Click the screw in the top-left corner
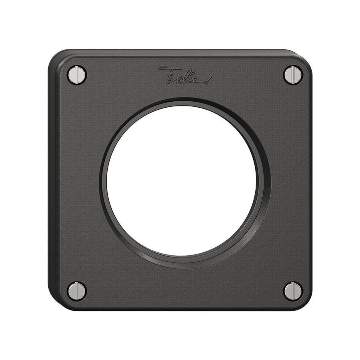(x=77, y=74)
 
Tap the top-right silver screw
(x=293, y=75)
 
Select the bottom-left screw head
(x=77, y=291)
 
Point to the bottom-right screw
(x=293, y=291)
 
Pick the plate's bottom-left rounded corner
(x=56, y=304)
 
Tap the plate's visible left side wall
(x=51, y=180)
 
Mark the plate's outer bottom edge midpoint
(x=180, y=310)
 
